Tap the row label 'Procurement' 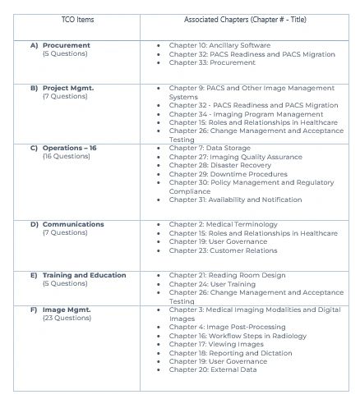[x=67, y=44]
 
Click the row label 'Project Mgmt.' [x=67, y=87]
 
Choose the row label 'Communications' [x=73, y=224]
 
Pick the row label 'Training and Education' [x=84, y=275]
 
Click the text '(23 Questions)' [x=66, y=318]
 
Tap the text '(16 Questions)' [x=66, y=156]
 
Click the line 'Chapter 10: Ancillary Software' [x=219, y=44]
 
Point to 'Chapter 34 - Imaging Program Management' [x=247, y=114]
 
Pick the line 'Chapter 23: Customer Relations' [x=223, y=250]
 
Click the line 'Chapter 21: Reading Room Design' [x=224, y=275]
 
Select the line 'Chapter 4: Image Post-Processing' [x=227, y=327]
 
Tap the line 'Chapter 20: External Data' [x=213, y=369]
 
